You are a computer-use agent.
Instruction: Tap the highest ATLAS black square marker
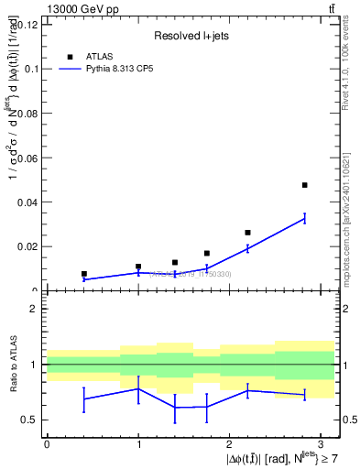(x=304, y=185)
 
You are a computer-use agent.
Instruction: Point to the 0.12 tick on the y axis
(x=27, y=25)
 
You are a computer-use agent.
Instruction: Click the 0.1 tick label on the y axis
(x=31, y=69)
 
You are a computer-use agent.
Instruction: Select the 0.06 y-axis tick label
(x=27, y=158)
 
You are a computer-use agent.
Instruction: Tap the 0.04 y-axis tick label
(x=27, y=202)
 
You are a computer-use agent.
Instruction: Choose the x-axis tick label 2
(x=229, y=443)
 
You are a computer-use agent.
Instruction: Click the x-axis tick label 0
(x=47, y=443)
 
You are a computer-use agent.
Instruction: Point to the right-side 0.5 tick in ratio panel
(x=348, y=420)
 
